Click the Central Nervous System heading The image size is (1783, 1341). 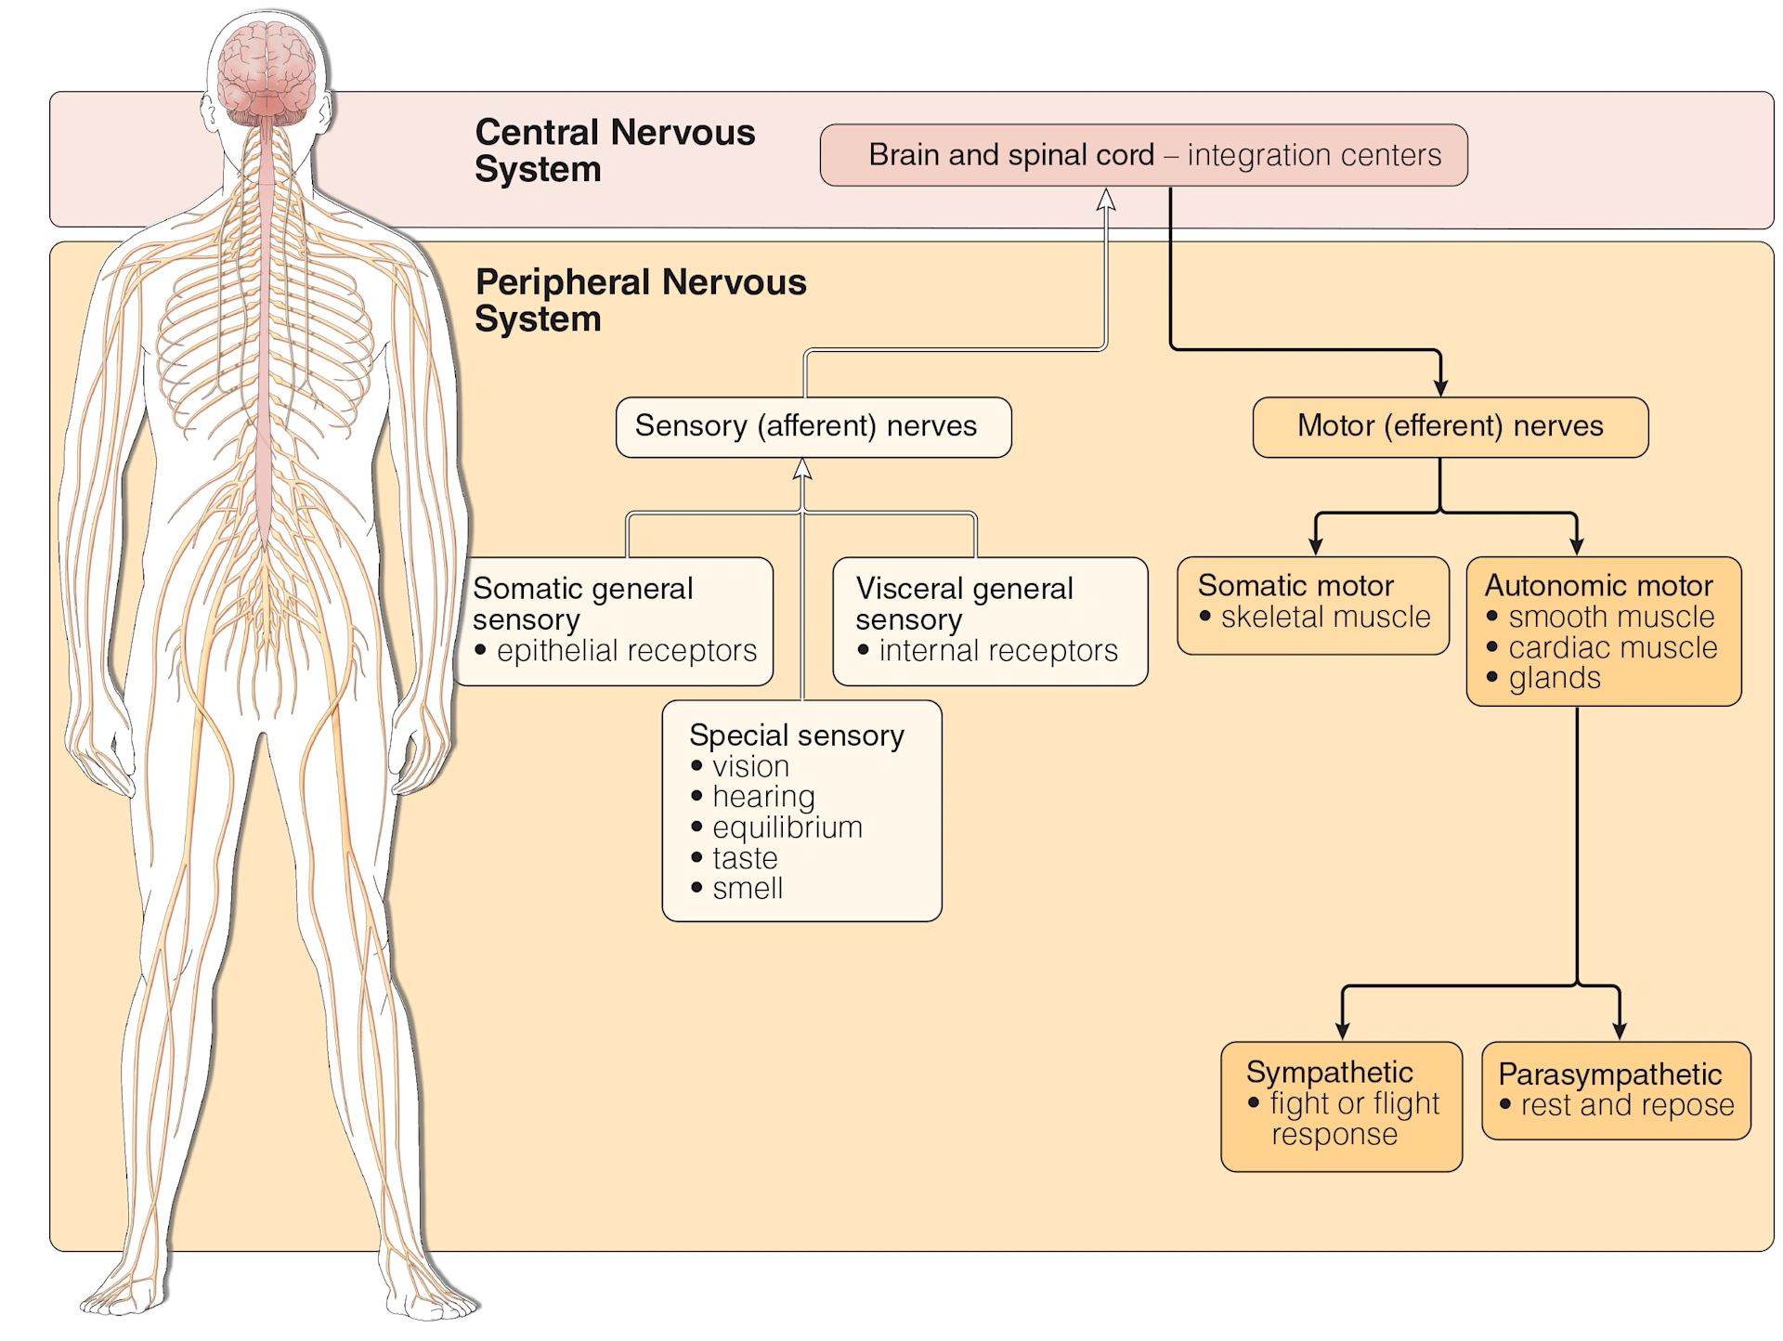[614, 150]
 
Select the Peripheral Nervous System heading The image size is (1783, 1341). [640, 300]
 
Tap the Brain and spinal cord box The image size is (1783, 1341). [1143, 155]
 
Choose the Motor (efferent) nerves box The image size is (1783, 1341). [1450, 426]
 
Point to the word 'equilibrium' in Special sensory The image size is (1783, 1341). [787, 827]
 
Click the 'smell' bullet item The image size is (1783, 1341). [747, 889]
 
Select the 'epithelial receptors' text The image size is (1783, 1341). [626, 651]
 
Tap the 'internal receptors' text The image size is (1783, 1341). [997, 651]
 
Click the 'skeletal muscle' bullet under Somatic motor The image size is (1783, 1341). [1324, 617]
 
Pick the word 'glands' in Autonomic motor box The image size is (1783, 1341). [1555, 679]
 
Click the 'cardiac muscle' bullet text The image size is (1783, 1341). [1612, 647]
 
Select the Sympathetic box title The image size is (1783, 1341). [1329, 1073]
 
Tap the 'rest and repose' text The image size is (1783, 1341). [1627, 1105]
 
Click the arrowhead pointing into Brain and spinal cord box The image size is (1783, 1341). [1105, 199]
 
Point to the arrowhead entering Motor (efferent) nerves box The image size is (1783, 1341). [1440, 386]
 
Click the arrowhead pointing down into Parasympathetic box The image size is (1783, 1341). [1620, 1030]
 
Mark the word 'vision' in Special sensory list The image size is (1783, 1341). [750, 767]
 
